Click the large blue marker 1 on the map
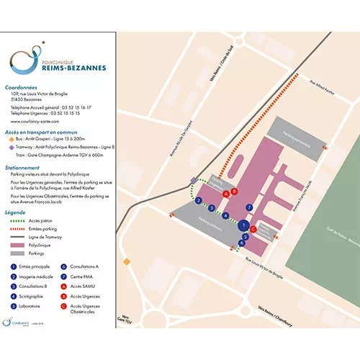(243, 225)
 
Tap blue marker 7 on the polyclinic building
(249, 207)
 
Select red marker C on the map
(253, 229)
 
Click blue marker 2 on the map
(197, 200)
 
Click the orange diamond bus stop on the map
(126, 261)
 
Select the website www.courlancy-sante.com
(35, 122)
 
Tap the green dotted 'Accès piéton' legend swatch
(16, 221)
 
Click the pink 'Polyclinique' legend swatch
(16, 245)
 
